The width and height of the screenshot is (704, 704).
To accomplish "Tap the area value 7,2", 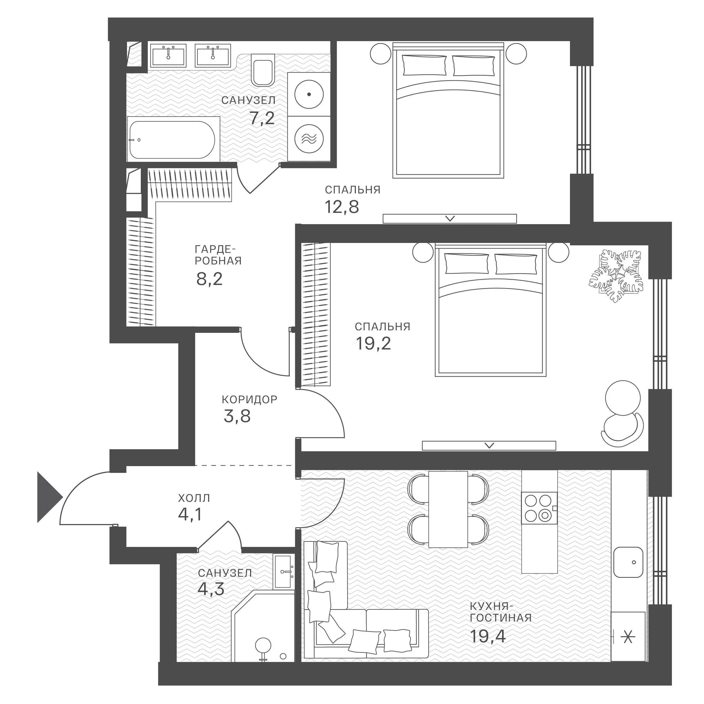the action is (x=262, y=118).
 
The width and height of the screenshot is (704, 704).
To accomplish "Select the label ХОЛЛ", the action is (x=194, y=498).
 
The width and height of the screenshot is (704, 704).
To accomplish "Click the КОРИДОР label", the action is (x=249, y=400).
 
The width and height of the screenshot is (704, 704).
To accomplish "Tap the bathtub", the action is (x=173, y=140).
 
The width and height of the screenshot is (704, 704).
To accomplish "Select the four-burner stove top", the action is (x=539, y=508).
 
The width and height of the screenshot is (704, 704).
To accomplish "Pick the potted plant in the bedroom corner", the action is (x=616, y=276).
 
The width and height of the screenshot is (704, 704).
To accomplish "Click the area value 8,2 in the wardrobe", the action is (x=209, y=279).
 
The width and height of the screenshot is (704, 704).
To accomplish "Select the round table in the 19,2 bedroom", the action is (x=623, y=398).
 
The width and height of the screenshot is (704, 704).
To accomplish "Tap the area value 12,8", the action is (x=342, y=207).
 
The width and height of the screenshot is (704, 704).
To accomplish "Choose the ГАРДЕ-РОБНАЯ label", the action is (x=218, y=255).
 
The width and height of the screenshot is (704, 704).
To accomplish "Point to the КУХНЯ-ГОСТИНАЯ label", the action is (x=501, y=612).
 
